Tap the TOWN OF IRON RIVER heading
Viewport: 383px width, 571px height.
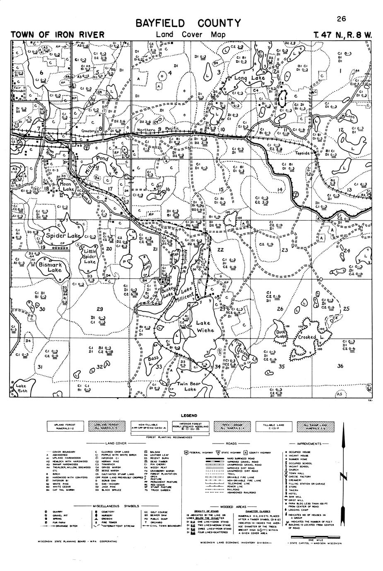click(x=58, y=35)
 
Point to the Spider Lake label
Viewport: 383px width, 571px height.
click(x=63, y=236)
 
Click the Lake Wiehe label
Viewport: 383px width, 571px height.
click(x=205, y=326)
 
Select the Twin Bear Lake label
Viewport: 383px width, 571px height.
click(x=189, y=386)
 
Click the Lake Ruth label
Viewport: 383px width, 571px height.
click(x=22, y=388)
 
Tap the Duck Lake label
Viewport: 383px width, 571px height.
click(x=281, y=334)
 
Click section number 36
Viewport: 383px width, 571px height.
click(x=340, y=366)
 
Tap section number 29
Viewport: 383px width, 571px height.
click(x=99, y=309)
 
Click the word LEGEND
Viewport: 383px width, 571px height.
click(x=189, y=416)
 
